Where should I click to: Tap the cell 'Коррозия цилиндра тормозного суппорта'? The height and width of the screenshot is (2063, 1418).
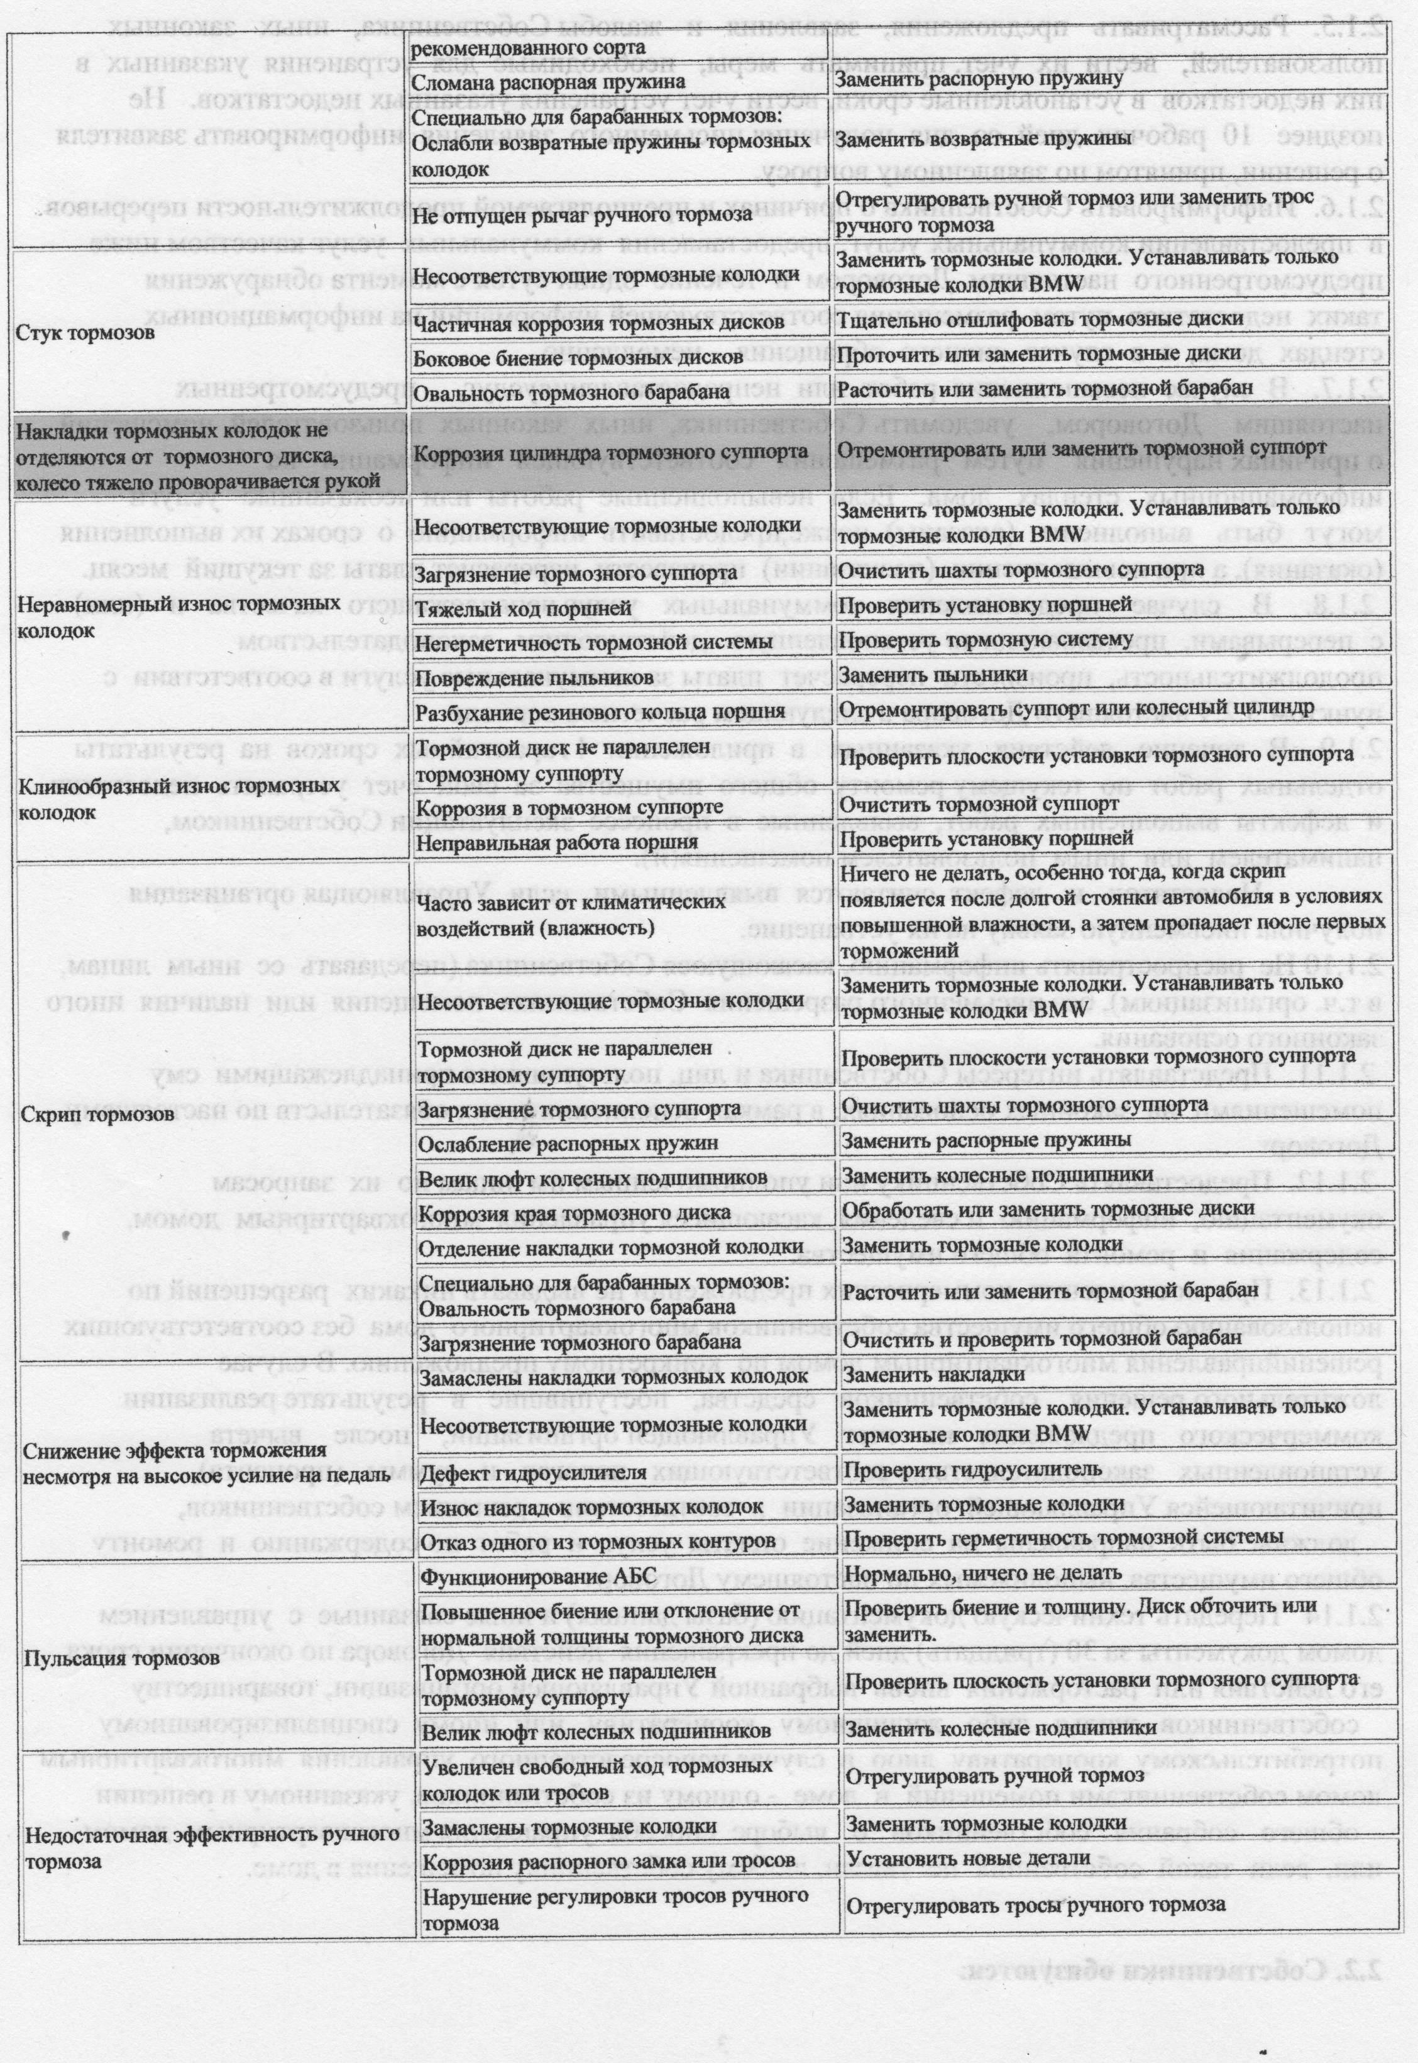pyautogui.click(x=612, y=452)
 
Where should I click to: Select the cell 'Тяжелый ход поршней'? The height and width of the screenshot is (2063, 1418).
pyautogui.click(x=524, y=608)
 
